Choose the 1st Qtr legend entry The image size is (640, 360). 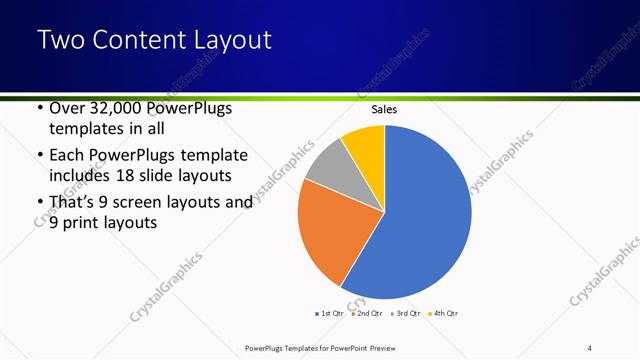pyautogui.click(x=331, y=313)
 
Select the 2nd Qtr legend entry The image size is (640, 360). pyautogui.click(x=369, y=313)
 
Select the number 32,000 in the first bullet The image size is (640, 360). pyautogui.click(x=118, y=108)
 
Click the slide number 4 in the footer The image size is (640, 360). pyautogui.click(x=589, y=347)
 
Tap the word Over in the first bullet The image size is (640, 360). pyautogui.click(x=67, y=108)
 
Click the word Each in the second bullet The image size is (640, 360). pyautogui.click(x=67, y=156)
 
